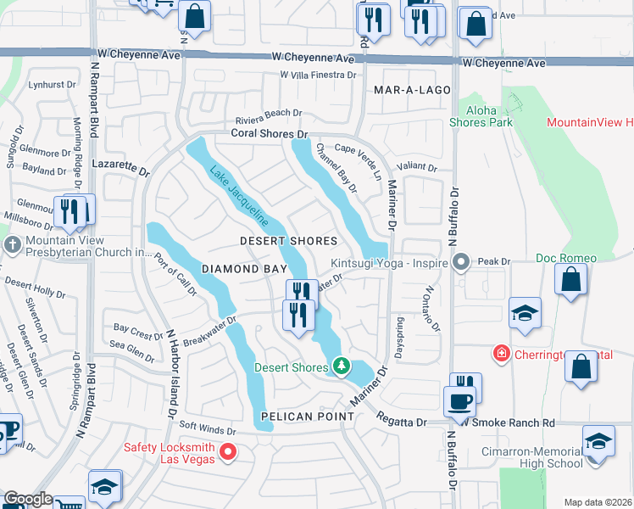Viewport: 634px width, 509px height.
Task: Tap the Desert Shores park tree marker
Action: [x=341, y=366]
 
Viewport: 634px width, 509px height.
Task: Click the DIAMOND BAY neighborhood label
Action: [x=241, y=268]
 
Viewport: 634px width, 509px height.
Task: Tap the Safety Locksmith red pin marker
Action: [x=227, y=451]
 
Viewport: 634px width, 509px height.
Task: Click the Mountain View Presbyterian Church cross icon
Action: [x=11, y=245]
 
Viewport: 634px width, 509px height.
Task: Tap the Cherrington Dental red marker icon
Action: [x=502, y=353]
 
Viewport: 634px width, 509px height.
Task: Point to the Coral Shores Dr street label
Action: [x=268, y=134]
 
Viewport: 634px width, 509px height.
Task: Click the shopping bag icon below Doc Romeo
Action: [x=571, y=281]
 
